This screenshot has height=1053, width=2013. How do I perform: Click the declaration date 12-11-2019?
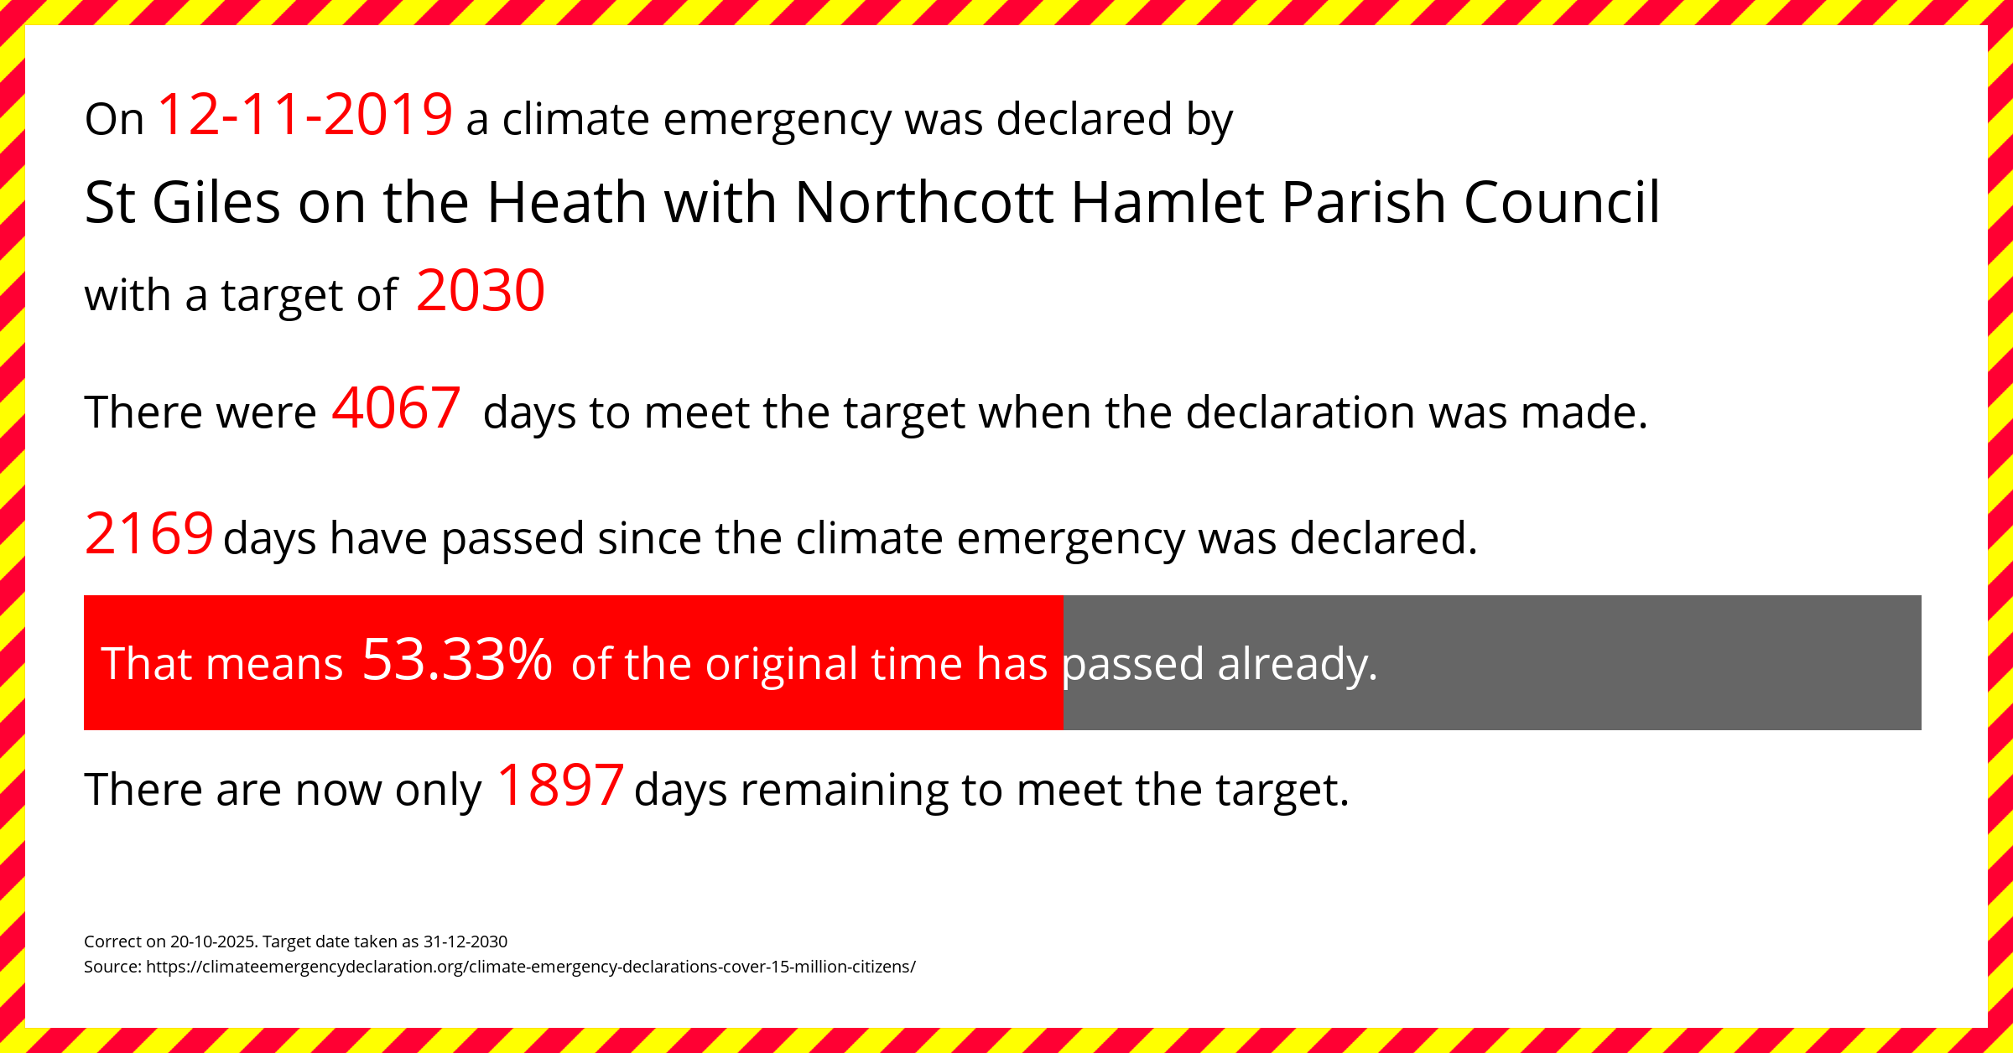pyautogui.click(x=305, y=115)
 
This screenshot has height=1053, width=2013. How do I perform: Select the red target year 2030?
pyautogui.click(x=481, y=291)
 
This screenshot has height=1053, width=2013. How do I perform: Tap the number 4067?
pyautogui.click(x=397, y=408)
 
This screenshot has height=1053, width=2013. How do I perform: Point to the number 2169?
pyautogui.click(x=149, y=534)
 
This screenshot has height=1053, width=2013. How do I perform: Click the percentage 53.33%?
pyautogui.click(x=457, y=660)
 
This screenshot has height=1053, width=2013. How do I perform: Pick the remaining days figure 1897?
pyautogui.click(x=560, y=786)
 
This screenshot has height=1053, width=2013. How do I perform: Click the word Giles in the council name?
pyautogui.click(x=216, y=203)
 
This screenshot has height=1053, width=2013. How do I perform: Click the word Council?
pyautogui.click(x=1562, y=203)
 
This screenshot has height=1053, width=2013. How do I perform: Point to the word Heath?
pyautogui.click(x=567, y=203)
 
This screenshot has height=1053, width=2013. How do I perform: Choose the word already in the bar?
pyautogui.click(x=1298, y=665)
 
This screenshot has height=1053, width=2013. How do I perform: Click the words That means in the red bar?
pyautogui.click(x=222, y=664)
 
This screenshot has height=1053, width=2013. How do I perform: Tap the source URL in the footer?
pyautogui.click(x=531, y=967)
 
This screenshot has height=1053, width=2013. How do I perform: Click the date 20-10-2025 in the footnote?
pyautogui.click(x=214, y=941)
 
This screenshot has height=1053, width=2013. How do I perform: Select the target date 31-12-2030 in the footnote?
pyautogui.click(x=466, y=941)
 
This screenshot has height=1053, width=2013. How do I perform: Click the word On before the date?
pyautogui.click(x=115, y=120)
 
